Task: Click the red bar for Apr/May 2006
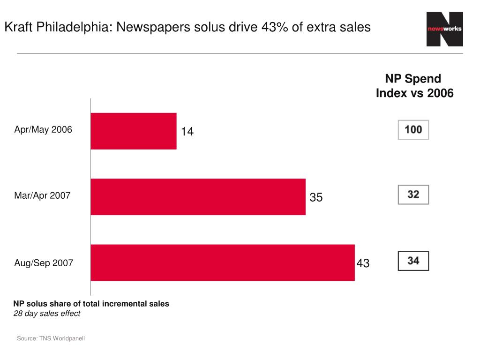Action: point(134,131)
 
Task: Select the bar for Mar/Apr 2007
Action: point(198,197)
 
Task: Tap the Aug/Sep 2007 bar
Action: point(223,262)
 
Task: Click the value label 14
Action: point(187,132)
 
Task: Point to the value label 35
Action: point(316,198)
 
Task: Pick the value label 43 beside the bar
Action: point(363,263)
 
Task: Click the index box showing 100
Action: point(413,130)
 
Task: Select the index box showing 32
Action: point(413,195)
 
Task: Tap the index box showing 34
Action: point(413,261)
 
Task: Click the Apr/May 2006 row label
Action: point(43,130)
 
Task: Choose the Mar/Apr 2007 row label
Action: point(42,195)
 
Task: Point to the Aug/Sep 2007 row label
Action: point(44,263)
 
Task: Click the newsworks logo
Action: point(444,29)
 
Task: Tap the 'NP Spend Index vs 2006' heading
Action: point(414,86)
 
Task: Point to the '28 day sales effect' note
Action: point(46,314)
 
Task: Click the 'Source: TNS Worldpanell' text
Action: point(51,338)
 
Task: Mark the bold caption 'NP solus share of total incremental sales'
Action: point(91,304)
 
